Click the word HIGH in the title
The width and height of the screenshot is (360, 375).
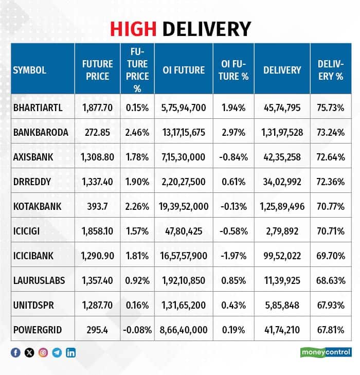[133, 29]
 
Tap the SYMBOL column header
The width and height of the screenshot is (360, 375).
[29, 70]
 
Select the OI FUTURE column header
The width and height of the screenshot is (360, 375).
[184, 70]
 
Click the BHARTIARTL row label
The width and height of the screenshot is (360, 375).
[38, 108]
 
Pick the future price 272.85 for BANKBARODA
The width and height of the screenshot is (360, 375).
[97, 132]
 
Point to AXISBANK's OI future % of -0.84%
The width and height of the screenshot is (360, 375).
[233, 157]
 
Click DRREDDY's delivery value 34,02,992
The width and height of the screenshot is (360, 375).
[282, 182]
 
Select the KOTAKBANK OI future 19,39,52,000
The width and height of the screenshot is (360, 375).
[184, 206]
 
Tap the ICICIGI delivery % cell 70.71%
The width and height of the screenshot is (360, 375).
[331, 231]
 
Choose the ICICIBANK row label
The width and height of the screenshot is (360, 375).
[33, 256]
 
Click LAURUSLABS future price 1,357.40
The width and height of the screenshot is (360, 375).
[97, 280]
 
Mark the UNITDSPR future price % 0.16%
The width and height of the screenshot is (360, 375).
[137, 305]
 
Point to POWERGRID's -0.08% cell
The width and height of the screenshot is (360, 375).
[137, 330]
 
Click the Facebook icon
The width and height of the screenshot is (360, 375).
[15, 352]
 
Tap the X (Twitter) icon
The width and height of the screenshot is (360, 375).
[29, 352]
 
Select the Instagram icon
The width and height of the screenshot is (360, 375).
[43, 352]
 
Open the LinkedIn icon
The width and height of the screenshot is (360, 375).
[71, 352]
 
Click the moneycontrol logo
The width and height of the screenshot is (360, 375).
[326, 352]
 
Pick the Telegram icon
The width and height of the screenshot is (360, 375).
[57, 352]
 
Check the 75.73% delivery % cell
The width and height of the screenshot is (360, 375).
[331, 108]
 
